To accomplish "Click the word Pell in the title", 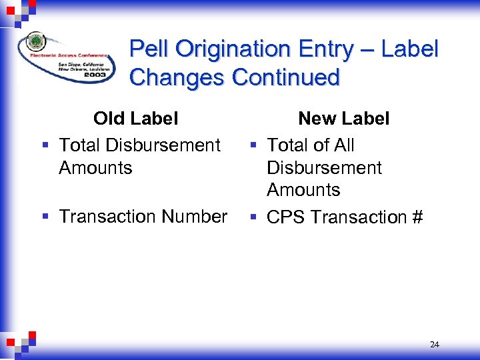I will point(149,49).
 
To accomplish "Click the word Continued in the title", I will point(286,77).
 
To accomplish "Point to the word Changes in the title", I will point(178,78).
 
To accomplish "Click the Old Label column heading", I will point(135,119).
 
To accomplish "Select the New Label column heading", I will point(343,119).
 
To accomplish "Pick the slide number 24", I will point(435,345).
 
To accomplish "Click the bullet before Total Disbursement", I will point(43,145).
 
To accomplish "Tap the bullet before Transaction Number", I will point(43,217).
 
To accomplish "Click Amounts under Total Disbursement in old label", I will point(95,168).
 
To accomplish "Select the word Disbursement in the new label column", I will point(324,168).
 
